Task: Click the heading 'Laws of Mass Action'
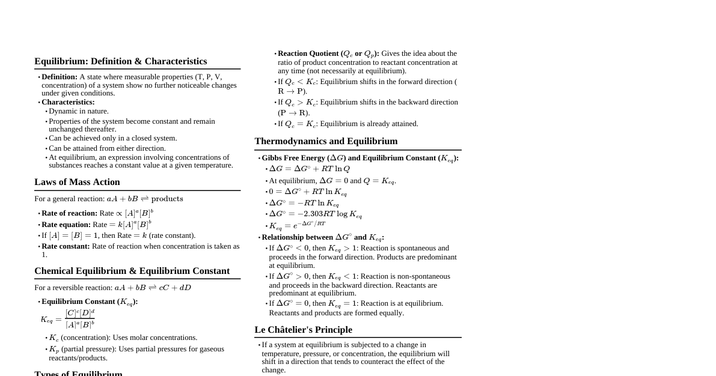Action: point(77,182)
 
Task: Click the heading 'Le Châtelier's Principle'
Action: point(303,330)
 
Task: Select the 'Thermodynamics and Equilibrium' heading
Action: point(326,141)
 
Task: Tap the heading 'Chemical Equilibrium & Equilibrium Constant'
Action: point(132,271)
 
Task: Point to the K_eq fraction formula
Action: point(68,319)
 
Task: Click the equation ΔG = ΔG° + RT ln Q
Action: point(309,169)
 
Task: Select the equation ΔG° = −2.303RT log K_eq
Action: point(315,214)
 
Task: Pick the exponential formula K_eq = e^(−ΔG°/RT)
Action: point(297,226)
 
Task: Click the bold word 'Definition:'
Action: point(59,77)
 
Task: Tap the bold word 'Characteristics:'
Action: point(68,102)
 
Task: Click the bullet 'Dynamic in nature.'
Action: point(78,111)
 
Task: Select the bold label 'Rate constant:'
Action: point(65,246)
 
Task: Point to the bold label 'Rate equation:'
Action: point(66,225)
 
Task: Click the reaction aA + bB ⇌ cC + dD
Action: point(153,288)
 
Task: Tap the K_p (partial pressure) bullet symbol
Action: point(54,349)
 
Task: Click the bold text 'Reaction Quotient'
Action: point(308,53)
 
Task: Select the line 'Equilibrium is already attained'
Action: point(369,124)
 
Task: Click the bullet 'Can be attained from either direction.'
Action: point(107,148)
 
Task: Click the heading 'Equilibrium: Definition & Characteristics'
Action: point(120,61)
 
